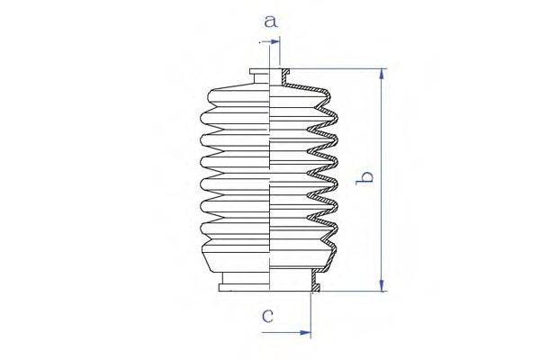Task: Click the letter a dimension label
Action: pos(271,22)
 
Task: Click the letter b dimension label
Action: pos(364,177)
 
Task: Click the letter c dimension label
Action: pos(267,315)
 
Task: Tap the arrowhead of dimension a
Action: pos(274,41)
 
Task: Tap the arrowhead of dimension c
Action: pos(305,333)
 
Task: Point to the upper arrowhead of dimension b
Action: pos(382,74)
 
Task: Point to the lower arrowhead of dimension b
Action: pos(382,285)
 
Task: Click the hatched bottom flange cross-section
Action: pos(316,281)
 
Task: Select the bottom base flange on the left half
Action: pos(244,287)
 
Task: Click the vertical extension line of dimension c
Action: pos(311,314)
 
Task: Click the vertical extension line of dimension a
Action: pos(280,51)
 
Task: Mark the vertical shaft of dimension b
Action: pos(382,179)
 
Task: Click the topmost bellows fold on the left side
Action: pos(238,96)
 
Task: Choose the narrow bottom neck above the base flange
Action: pos(246,278)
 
